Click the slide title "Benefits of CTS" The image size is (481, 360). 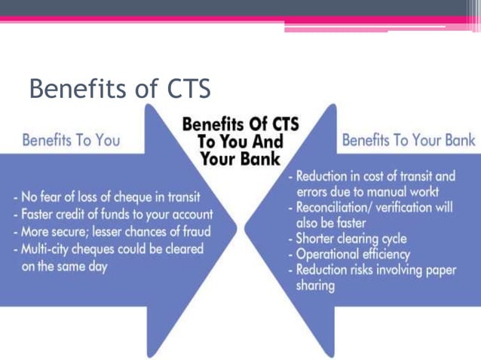pyautogui.click(x=119, y=90)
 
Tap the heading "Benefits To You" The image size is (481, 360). pyautogui.click(x=71, y=141)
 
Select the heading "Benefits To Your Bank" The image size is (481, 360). pyautogui.click(x=409, y=140)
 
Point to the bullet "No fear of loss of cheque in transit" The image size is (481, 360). pyautogui.click(x=106, y=198)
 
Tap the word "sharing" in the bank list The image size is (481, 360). pyautogui.click(x=316, y=286)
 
